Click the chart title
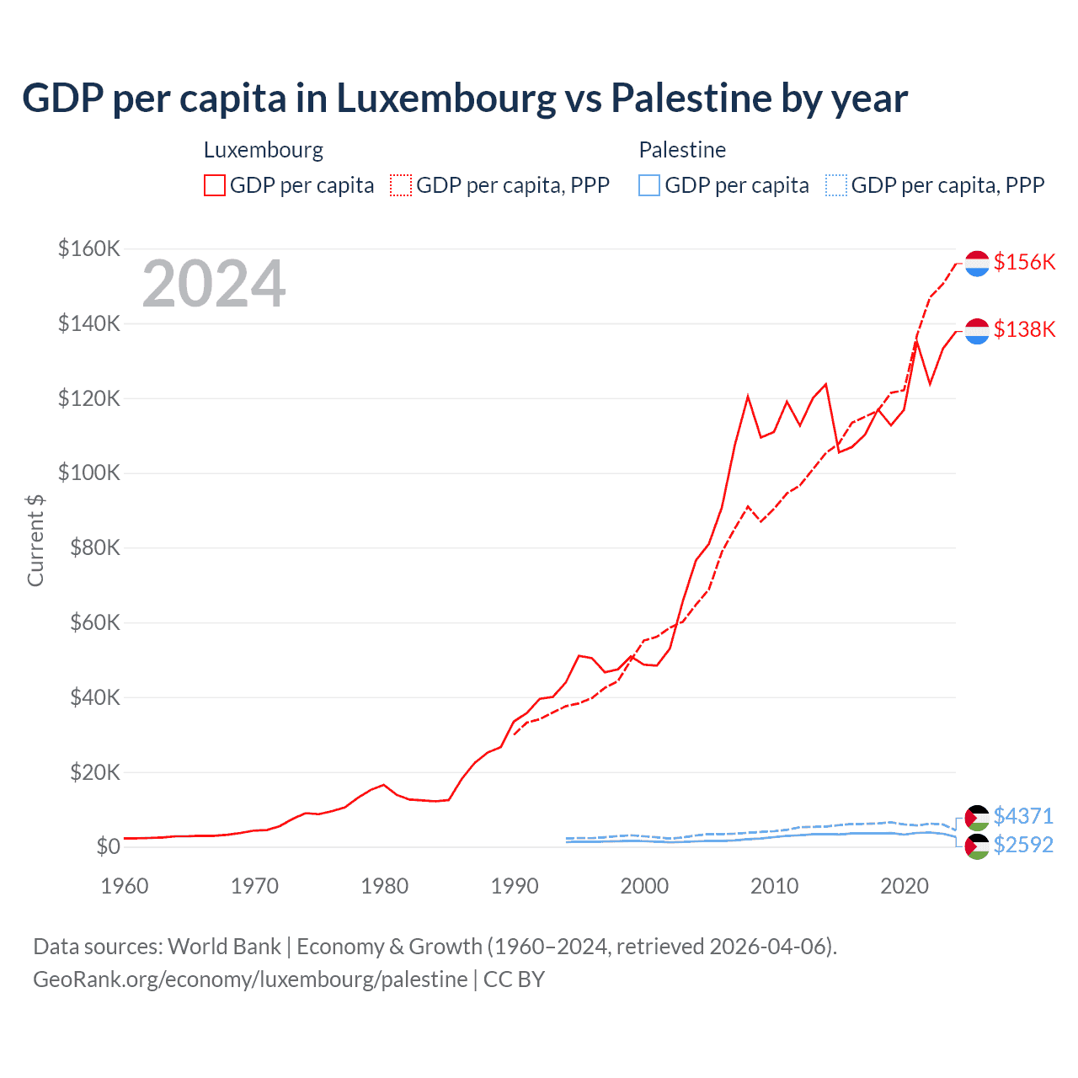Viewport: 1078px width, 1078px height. (465, 99)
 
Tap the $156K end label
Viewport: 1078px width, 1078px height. (1024, 262)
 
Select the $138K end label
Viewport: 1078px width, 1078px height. (1024, 329)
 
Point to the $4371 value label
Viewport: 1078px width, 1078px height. (1023, 816)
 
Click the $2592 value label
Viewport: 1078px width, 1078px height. (1023, 845)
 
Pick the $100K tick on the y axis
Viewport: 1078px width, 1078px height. (89, 472)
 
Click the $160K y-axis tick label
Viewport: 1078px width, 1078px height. (89, 248)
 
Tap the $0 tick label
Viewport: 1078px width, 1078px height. (108, 846)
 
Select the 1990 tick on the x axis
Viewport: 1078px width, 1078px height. (515, 886)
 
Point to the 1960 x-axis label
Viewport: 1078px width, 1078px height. (125, 886)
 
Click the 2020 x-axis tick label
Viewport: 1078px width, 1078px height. (905, 886)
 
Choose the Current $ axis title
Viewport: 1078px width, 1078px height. (35, 541)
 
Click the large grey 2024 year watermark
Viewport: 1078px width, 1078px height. (214, 284)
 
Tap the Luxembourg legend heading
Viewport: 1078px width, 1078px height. (264, 150)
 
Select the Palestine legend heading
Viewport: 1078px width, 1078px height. (682, 150)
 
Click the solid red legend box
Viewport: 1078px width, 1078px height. (215, 185)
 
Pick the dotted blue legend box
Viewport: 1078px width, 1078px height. (836, 185)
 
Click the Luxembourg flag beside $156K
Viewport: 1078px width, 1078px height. (977, 263)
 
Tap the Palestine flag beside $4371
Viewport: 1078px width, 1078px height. (977, 817)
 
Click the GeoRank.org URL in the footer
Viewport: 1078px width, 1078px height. (250, 979)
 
